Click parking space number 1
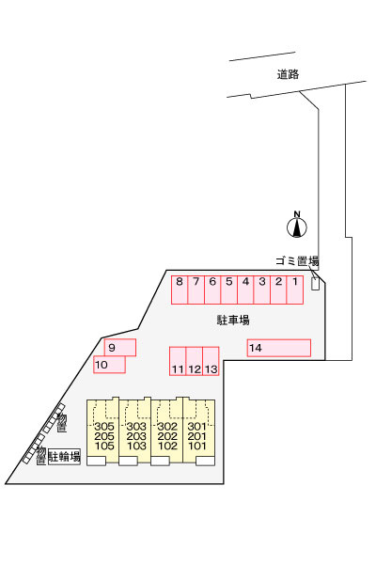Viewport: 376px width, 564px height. click(295, 290)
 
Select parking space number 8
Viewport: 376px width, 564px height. click(180, 290)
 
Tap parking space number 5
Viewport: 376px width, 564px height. click(228, 290)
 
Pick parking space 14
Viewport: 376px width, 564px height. click(279, 348)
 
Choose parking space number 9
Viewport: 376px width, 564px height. click(120, 348)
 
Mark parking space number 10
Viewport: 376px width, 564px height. click(109, 365)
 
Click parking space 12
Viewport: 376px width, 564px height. click(195, 361)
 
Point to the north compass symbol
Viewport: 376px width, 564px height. click(297, 226)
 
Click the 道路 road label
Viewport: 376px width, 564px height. click(288, 74)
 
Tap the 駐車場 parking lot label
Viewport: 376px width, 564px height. click(233, 320)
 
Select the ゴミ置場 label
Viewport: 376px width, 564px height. click(297, 260)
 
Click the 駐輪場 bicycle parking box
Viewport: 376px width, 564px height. click(65, 457)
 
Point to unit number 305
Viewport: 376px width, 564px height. click(104, 427)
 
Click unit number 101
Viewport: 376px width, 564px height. click(196, 446)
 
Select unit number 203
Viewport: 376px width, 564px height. click(136, 436)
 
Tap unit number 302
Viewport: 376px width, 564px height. click(167, 427)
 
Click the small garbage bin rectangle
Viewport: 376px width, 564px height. click(315, 284)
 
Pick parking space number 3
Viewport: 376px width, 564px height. click(262, 290)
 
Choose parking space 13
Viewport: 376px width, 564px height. click(211, 361)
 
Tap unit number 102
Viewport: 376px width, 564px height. click(167, 446)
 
